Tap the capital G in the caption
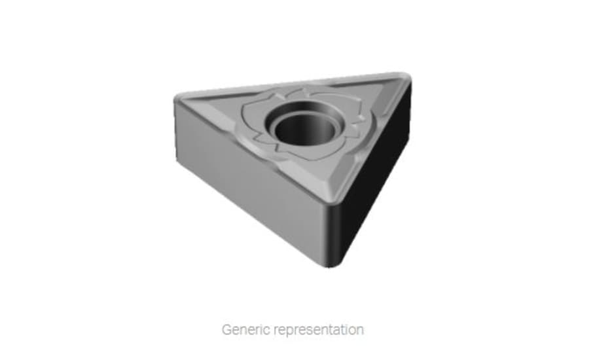[x=226, y=329]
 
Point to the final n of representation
[x=359, y=329]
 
